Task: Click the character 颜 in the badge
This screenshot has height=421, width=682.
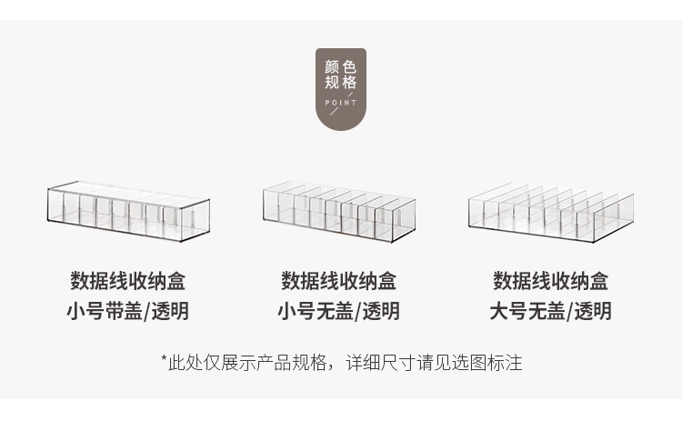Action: pos(332,67)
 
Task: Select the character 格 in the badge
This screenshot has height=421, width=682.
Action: pos(350,83)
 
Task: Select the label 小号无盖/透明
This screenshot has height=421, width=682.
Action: pos(338,311)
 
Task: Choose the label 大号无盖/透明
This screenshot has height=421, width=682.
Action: pos(550,311)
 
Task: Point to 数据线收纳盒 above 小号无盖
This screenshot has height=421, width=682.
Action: pos(338,280)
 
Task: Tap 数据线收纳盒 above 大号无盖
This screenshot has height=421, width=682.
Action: pos(550,280)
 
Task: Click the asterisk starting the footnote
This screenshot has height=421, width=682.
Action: pos(163,360)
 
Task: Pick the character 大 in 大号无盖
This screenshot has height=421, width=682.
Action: pos(498,311)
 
